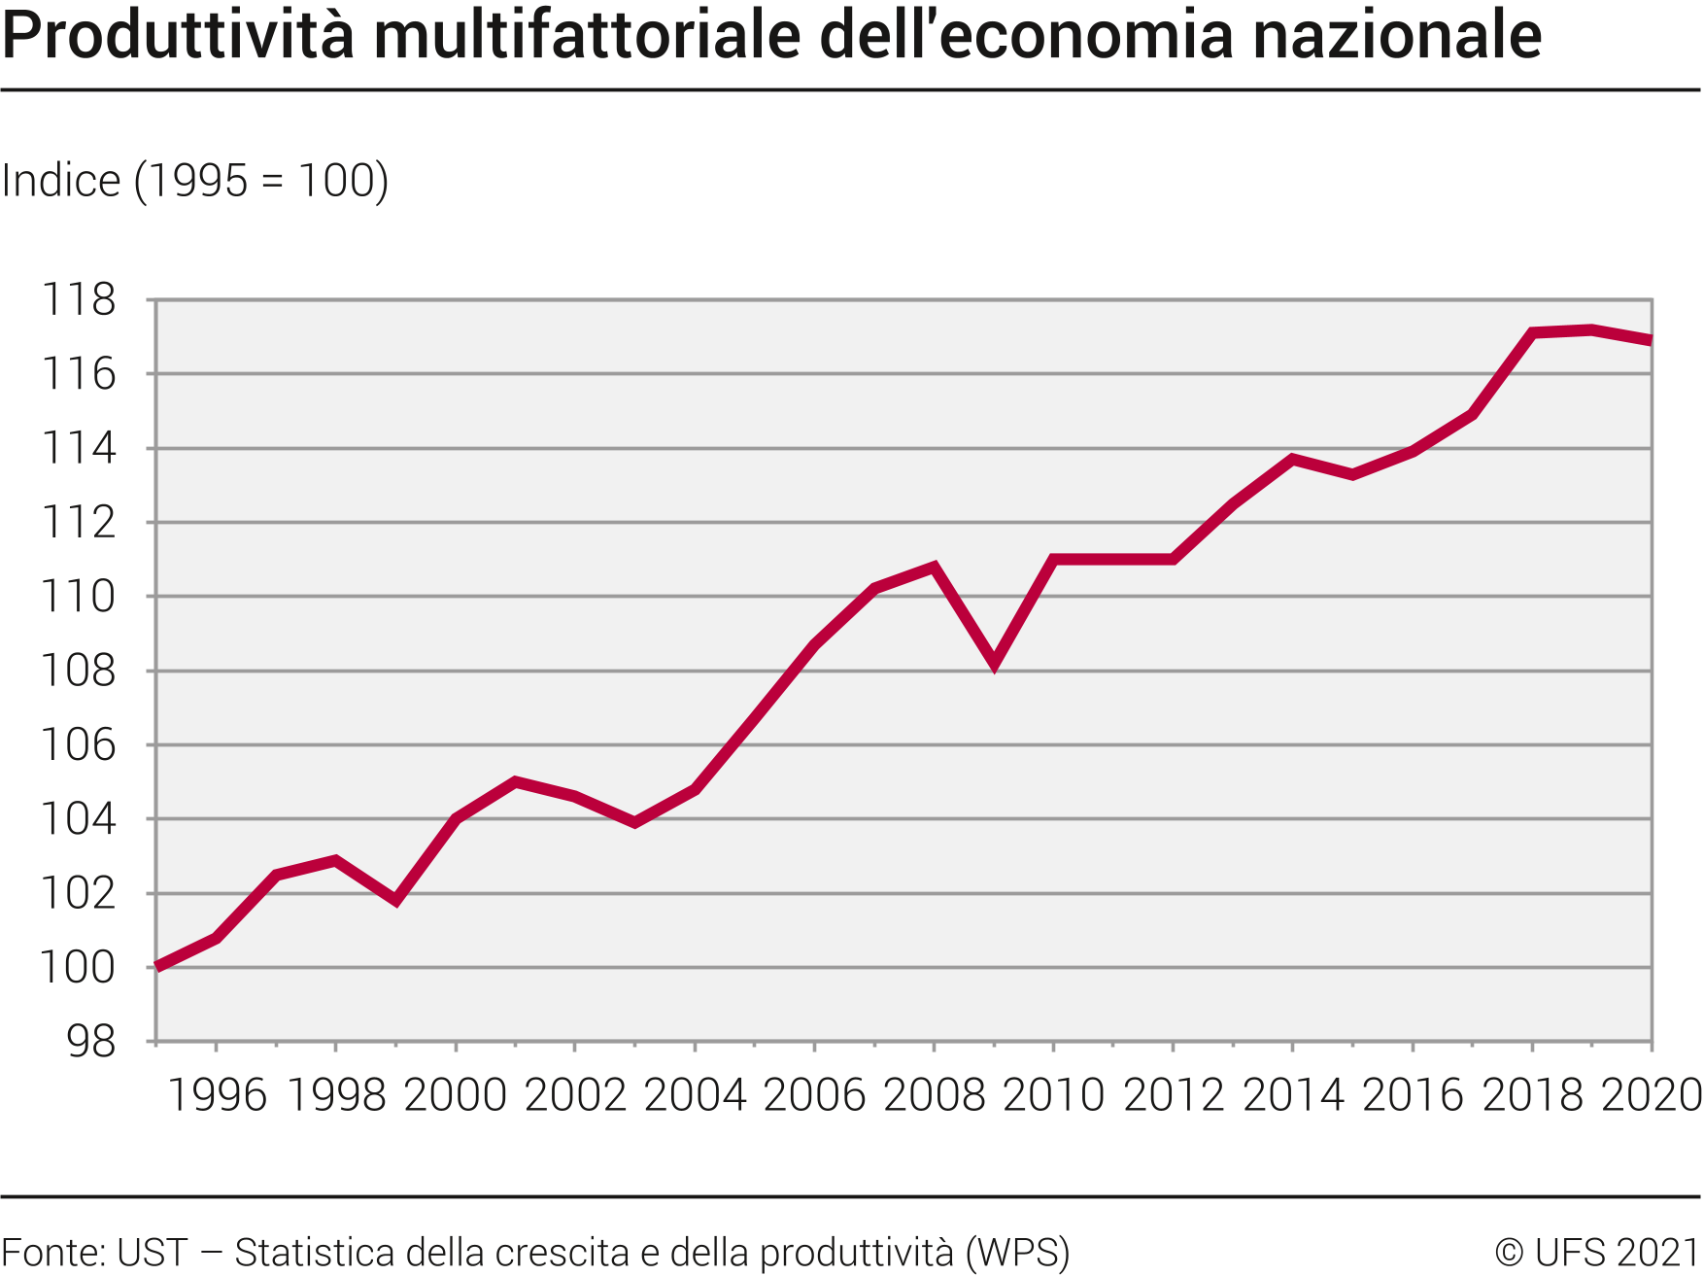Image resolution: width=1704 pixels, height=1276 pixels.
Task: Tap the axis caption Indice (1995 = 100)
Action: click(x=195, y=181)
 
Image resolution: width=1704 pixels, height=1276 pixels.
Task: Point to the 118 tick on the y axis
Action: click(x=79, y=299)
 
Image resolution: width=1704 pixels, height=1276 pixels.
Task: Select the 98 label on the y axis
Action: click(x=91, y=1042)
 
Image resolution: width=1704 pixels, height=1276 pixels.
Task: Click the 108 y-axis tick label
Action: click(x=79, y=671)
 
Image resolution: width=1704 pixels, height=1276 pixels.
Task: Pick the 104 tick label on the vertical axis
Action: click(x=79, y=819)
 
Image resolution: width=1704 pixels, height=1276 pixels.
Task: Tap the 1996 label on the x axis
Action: click(x=217, y=1095)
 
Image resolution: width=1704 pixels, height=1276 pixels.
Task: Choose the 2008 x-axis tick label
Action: click(x=934, y=1095)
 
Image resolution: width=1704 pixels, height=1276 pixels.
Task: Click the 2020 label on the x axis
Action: click(x=1651, y=1095)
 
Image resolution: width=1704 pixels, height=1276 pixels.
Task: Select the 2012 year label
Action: click(x=1174, y=1095)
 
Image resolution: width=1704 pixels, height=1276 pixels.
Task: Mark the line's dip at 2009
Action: click(x=994, y=664)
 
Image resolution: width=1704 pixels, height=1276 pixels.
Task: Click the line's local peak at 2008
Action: click(x=934, y=567)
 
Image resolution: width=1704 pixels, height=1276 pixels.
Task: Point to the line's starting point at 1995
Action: click(x=157, y=967)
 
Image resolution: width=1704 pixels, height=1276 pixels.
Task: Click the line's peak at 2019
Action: click(x=1591, y=330)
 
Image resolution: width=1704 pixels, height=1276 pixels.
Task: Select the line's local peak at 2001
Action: click(x=515, y=781)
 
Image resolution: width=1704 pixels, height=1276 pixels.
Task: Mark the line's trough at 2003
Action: click(x=634, y=822)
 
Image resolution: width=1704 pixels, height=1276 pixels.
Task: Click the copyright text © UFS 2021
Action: click(x=1597, y=1252)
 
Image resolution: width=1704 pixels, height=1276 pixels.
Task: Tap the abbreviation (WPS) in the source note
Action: click(x=1017, y=1252)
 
